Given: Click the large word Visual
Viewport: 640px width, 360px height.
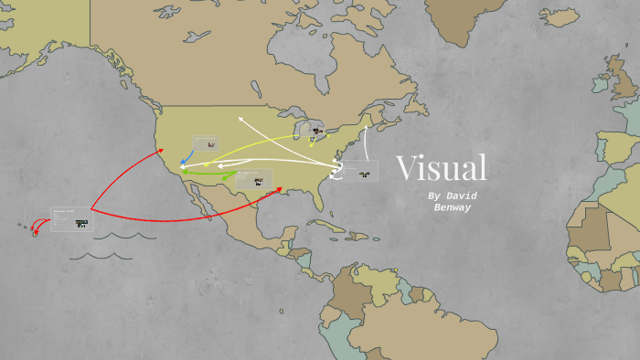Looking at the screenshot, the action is pos(441,168).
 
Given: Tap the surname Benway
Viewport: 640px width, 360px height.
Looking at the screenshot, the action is pos(452,207).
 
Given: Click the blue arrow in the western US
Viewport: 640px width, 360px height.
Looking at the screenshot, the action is pos(186,156).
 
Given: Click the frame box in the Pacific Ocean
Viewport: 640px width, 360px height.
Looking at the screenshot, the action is pos(70,219).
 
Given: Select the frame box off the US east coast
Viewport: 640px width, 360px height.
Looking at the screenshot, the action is pos(359,171).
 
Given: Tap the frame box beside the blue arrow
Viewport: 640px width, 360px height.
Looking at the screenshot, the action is pos(206,143).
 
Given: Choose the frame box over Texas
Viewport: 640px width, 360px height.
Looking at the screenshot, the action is pos(253,179).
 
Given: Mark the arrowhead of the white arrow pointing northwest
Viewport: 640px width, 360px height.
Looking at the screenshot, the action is pos(240,118).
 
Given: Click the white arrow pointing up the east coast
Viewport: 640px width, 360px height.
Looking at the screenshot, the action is pos(366,143).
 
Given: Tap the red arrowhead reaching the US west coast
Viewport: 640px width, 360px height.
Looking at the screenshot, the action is pos(162,151).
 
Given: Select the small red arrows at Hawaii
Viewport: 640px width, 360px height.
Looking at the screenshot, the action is pos(36,228).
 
